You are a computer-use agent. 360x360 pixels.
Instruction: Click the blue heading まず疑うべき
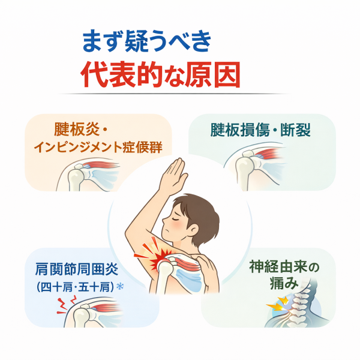click(x=146, y=42)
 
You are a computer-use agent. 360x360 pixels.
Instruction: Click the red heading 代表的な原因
click(x=160, y=74)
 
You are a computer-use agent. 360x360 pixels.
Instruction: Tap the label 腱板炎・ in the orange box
click(x=80, y=129)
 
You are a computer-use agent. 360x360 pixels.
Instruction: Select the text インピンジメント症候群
click(x=98, y=147)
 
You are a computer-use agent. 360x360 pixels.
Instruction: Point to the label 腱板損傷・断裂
click(x=260, y=130)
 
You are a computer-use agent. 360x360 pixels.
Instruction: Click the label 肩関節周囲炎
click(x=77, y=269)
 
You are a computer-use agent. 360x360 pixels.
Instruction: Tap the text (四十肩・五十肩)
click(x=75, y=287)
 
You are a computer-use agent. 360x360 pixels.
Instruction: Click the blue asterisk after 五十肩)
click(x=120, y=286)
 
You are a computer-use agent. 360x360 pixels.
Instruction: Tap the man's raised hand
click(x=172, y=176)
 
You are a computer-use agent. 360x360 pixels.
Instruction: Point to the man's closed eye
click(x=173, y=219)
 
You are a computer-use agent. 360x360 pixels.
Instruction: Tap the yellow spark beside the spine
click(x=278, y=304)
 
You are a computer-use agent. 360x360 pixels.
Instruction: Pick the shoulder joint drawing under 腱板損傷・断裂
click(x=254, y=166)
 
